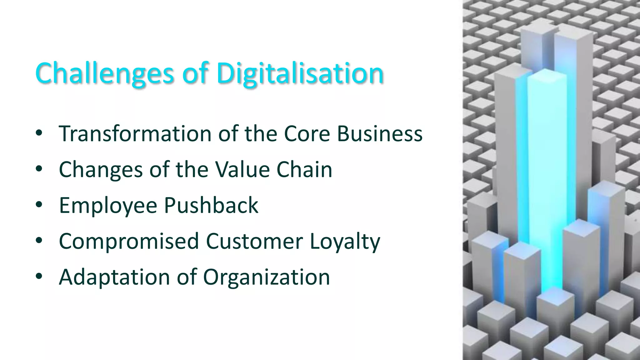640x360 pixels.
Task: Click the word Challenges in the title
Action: (x=105, y=73)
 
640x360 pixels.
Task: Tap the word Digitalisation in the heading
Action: (x=300, y=73)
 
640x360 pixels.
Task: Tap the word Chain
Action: (x=304, y=170)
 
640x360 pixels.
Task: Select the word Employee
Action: (x=108, y=206)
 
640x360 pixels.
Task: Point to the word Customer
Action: (x=254, y=241)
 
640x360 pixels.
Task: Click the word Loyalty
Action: (x=345, y=241)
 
